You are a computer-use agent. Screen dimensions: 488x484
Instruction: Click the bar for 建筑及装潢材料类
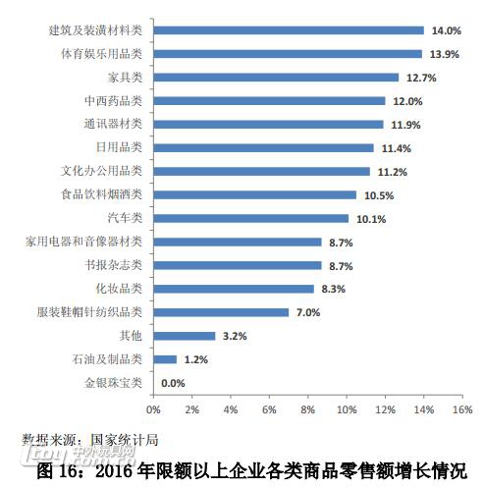(x=288, y=30)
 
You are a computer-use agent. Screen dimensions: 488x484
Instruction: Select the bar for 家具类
(x=276, y=78)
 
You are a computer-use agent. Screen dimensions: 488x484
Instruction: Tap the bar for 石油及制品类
(x=164, y=359)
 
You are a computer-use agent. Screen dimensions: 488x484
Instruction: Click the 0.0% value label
(x=173, y=383)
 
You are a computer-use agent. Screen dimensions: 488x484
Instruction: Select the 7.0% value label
(x=308, y=312)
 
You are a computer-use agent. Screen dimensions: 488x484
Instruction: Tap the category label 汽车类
(x=125, y=218)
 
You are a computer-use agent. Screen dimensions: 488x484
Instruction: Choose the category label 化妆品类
(x=119, y=289)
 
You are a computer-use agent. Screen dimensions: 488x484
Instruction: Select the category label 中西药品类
(x=113, y=100)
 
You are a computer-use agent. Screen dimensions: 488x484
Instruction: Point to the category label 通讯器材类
(x=113, y=124)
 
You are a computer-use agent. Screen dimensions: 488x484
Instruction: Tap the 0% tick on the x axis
(x=153, y=407)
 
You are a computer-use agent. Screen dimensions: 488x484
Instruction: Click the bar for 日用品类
(x=263, y=148)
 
